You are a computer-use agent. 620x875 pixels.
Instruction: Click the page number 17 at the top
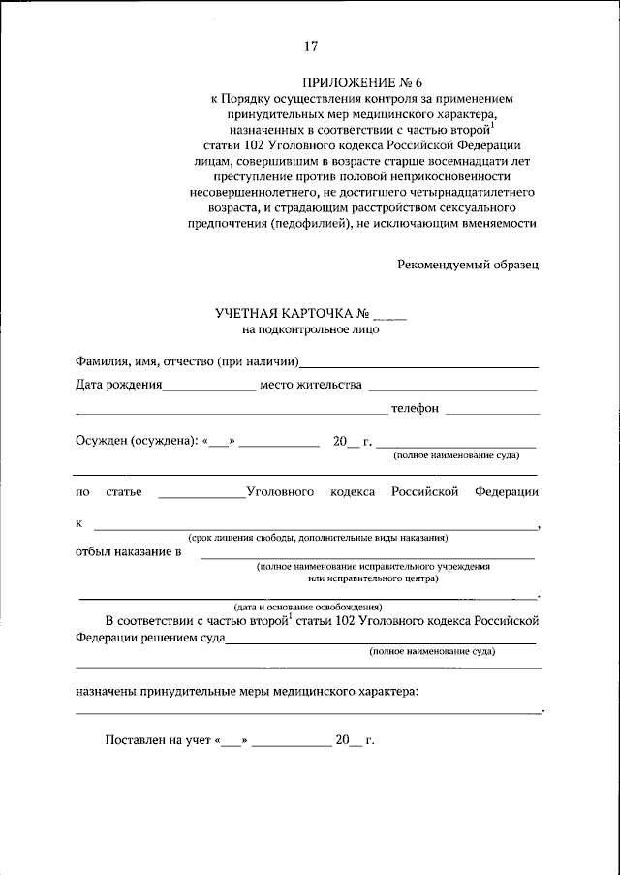310,46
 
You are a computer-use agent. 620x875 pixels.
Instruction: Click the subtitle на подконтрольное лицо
311,329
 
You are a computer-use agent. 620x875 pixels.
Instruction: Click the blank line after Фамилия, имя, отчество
419,366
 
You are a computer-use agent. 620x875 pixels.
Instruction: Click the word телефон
415,408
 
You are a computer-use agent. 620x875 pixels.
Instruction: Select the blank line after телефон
492,412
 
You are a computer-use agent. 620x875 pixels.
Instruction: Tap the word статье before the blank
124,492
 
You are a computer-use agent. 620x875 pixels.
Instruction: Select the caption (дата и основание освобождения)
306,606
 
